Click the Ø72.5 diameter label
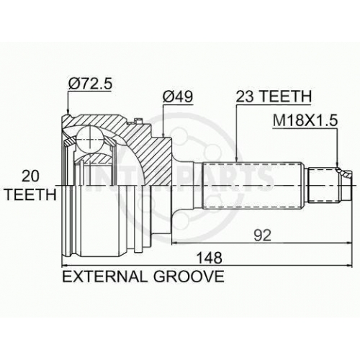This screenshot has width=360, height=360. click(90, 84)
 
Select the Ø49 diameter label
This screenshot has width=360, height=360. click(178, 96)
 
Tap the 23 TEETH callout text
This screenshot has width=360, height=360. click(274, 96)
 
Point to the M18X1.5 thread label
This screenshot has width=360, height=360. click(305, 120)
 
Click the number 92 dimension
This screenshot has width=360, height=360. click(262, 235)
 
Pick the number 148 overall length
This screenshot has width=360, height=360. click(210, 258)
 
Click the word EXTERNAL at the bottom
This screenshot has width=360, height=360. click(104, 276)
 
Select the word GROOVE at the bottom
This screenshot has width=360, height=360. click(189, 276)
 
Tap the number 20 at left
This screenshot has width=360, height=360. click(30, 176)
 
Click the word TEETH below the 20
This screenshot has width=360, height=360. click(30, 194)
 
